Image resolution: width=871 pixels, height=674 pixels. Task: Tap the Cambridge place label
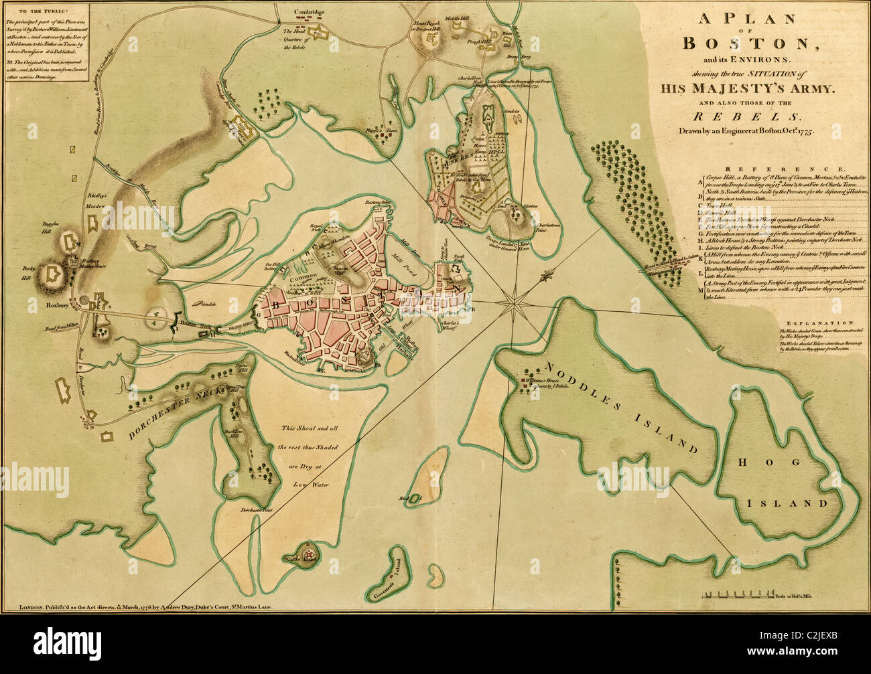[309, 12]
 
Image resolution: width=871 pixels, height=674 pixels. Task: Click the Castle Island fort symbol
[309, 555]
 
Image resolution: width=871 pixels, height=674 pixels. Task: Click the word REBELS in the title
[746, 116]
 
